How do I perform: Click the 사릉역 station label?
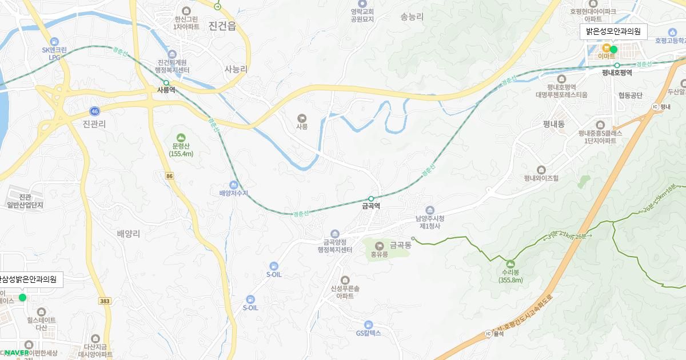(x=166, y=90)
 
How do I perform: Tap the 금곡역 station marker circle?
(x=371, y=199)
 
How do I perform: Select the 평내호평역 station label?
(x=617, y=73)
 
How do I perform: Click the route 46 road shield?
(x=94, y=110)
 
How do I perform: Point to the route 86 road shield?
(x=169, y=176)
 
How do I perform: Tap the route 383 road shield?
(x=105, y=301)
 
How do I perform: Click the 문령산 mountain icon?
(x=181, y=137)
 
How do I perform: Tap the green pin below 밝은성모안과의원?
(x=613, y=49)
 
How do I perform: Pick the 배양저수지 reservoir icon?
(x=233, y=185)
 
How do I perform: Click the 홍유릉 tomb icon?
(x=379, y=246)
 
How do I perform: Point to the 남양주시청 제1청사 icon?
(x=430, y=210)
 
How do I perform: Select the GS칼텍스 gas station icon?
(x=368, y=325)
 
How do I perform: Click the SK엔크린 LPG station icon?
(x=54, y=41)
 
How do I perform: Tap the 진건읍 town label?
(x=223, y=26)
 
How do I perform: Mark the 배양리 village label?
(x=128, y=233)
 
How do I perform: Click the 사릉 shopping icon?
(x=302, y=118)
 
